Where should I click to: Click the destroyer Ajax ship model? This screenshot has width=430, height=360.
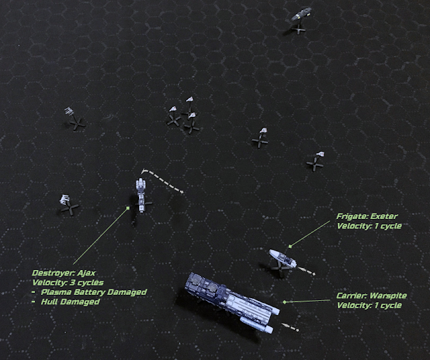(x=140, y=195)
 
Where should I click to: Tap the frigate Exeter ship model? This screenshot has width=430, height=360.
(x=282, y=258)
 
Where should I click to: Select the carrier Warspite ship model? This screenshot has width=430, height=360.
(x=232, y=302)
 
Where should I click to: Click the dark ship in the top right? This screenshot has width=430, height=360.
(x=301, y=13)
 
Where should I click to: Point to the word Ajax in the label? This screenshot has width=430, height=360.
(x=87, y=273)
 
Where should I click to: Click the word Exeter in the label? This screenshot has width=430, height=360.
(x=384, y=216)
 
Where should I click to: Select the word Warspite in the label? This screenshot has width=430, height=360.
(x=388, y=296)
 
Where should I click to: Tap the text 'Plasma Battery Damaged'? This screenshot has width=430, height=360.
(x=94, y=292)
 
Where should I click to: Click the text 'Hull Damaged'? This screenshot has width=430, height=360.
(x=70, y=302)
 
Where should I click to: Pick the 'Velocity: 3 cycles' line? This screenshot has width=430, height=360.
(x=68, y=283)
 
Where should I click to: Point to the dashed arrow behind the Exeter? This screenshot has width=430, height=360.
(x=306, y=271)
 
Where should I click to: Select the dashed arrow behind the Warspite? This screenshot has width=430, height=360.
(x=290, y=327)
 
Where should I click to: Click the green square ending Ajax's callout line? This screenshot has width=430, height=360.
(x=128, y=208)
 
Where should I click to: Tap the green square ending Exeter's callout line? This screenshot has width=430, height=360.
(x=290, y=246)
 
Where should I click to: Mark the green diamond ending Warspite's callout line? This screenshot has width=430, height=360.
(x=285, y=302)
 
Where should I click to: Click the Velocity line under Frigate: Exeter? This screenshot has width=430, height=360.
(x=369, y=226)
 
